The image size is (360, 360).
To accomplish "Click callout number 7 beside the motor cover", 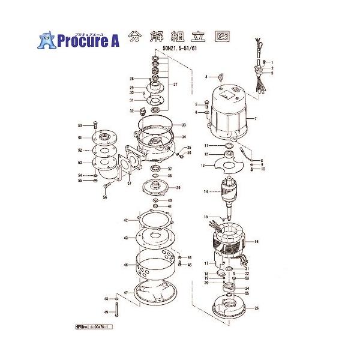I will tap(255, 119).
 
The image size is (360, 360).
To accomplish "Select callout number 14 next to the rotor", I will tap(205, 192).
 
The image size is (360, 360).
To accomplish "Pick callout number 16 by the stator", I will tap(256, 242).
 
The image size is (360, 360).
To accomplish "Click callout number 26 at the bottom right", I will tap(257, 308).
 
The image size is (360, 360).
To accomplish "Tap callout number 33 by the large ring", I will tap(184, 125).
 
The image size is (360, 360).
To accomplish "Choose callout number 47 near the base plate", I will tap(126, 293).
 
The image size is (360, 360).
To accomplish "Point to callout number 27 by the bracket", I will tap(175, 85).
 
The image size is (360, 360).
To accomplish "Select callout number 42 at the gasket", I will tap(126, 220).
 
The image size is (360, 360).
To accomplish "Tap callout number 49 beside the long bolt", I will tap(106, 313).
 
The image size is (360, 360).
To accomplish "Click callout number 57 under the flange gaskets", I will tap(129, 184).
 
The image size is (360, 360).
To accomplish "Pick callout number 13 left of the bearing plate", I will tap(203, 164).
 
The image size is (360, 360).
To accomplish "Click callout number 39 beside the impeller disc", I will tap(178, 188).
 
